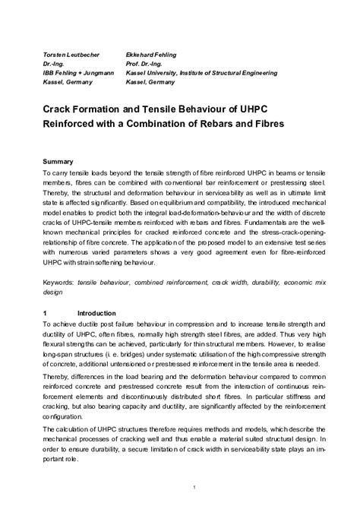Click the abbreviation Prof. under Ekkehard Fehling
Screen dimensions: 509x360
pos(134,63)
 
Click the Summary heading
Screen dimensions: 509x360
pos(58,161)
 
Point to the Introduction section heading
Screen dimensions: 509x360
pos(96,313)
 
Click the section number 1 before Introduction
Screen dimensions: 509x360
pos(46,313)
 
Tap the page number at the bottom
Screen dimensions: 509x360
pos(195,487)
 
